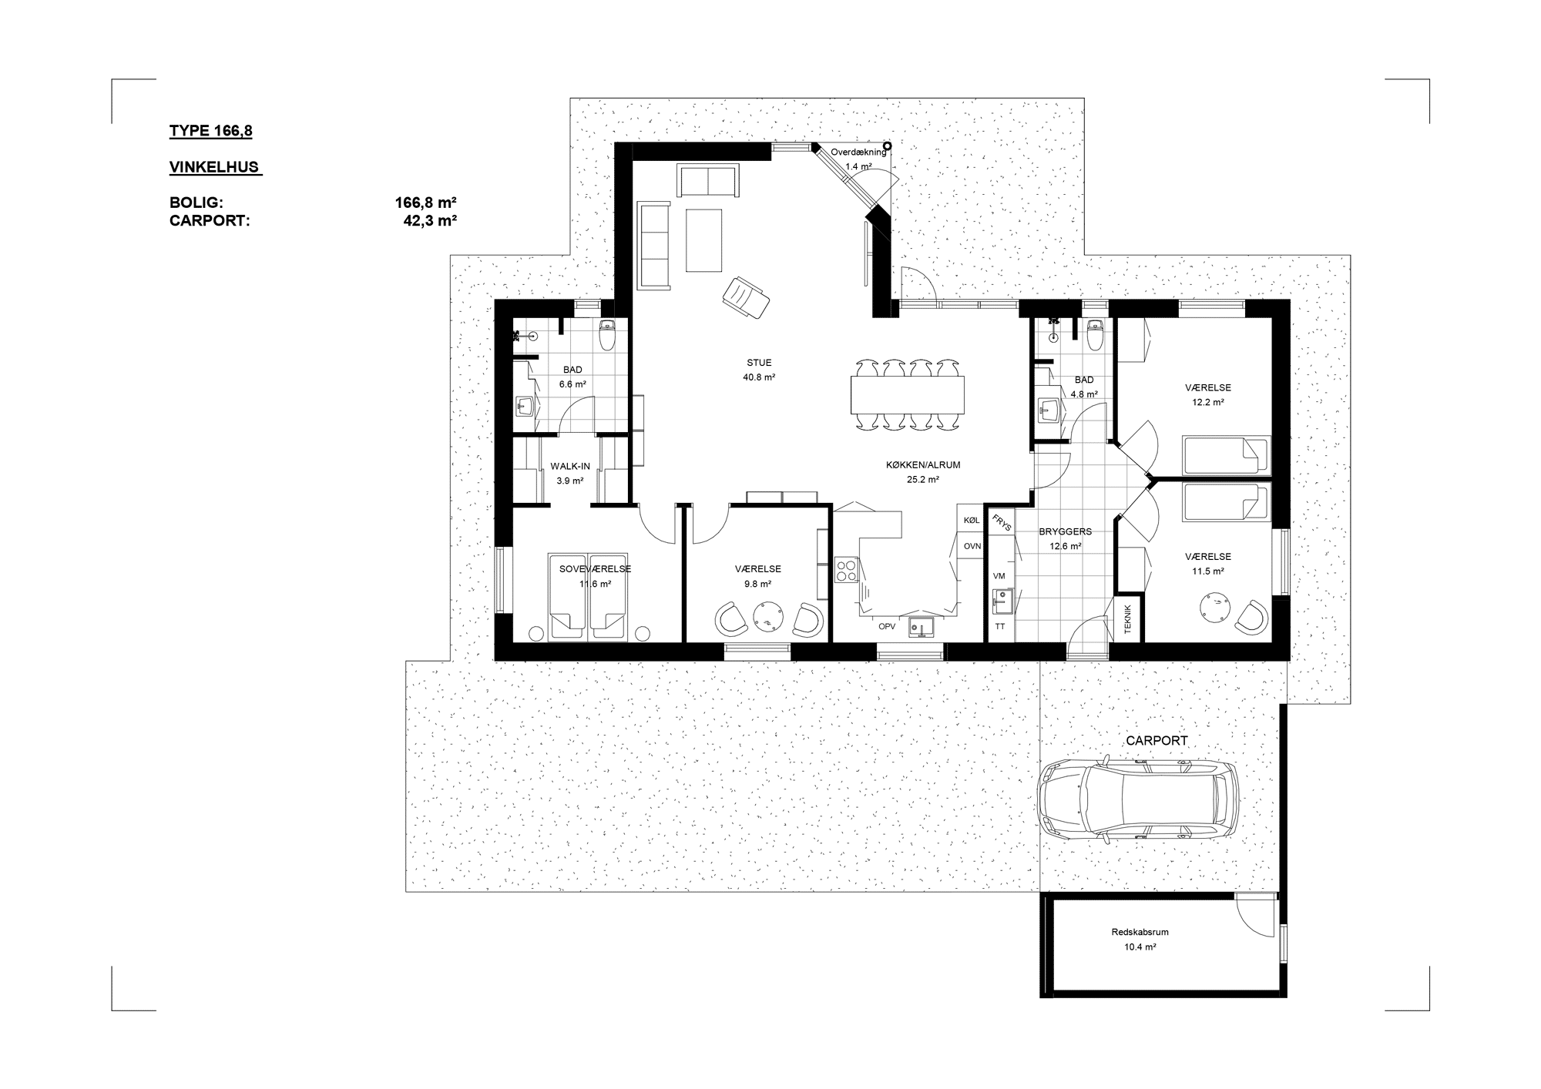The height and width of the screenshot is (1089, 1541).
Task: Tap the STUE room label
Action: (759, 363)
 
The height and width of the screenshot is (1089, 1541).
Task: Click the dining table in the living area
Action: (908, 395)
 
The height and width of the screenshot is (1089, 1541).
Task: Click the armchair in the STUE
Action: (746, 297)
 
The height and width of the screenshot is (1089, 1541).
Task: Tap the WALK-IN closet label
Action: (570, 467)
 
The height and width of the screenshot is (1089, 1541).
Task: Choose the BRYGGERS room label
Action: (1066, 531)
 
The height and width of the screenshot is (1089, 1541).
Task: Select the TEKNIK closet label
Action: (1128, 620)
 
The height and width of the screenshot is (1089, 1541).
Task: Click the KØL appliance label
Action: (972, 521)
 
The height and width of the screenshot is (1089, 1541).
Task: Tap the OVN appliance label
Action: (972, 546)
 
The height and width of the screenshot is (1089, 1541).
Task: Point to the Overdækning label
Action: (858, 152)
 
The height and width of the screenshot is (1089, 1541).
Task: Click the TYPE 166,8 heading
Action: (211, 131)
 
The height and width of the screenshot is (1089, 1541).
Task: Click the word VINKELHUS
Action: (214, 167)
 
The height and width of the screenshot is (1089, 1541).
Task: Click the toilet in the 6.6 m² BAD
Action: (607, 334)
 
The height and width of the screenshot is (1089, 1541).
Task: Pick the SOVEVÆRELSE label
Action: (596, 569)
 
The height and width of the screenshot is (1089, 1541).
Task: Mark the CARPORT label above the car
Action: (1157, 741)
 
